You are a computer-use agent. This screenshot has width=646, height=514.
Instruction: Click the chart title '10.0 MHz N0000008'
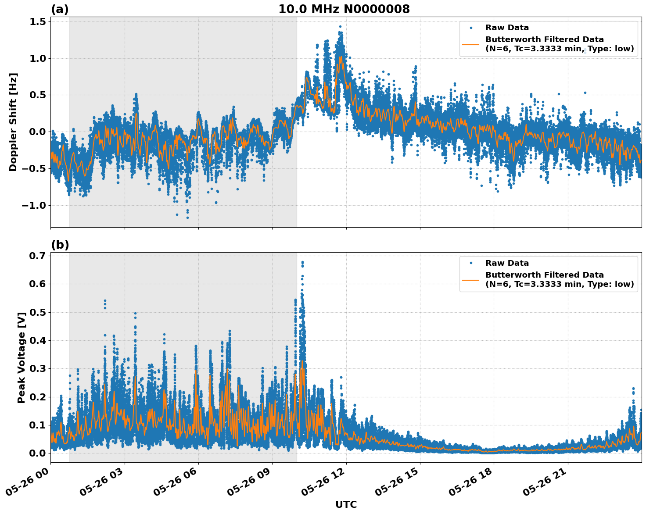344,9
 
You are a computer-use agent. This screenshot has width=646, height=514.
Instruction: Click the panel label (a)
60,9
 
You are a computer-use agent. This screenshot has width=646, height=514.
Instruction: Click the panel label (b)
60,245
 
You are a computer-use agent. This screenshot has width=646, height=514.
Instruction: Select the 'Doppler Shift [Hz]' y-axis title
13,122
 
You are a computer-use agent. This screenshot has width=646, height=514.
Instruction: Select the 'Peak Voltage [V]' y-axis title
21,357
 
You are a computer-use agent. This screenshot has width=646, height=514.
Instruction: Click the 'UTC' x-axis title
346,504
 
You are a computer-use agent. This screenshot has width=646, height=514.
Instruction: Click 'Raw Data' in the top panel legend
507,28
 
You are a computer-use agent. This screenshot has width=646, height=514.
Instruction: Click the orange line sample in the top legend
471,44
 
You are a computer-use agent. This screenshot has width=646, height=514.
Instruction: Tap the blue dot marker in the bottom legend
471,263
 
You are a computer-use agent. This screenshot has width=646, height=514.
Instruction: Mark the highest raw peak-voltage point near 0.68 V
302,262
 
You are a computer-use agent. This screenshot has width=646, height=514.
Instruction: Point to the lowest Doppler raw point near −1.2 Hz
187,218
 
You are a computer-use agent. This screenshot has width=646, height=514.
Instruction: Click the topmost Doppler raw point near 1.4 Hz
340,26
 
